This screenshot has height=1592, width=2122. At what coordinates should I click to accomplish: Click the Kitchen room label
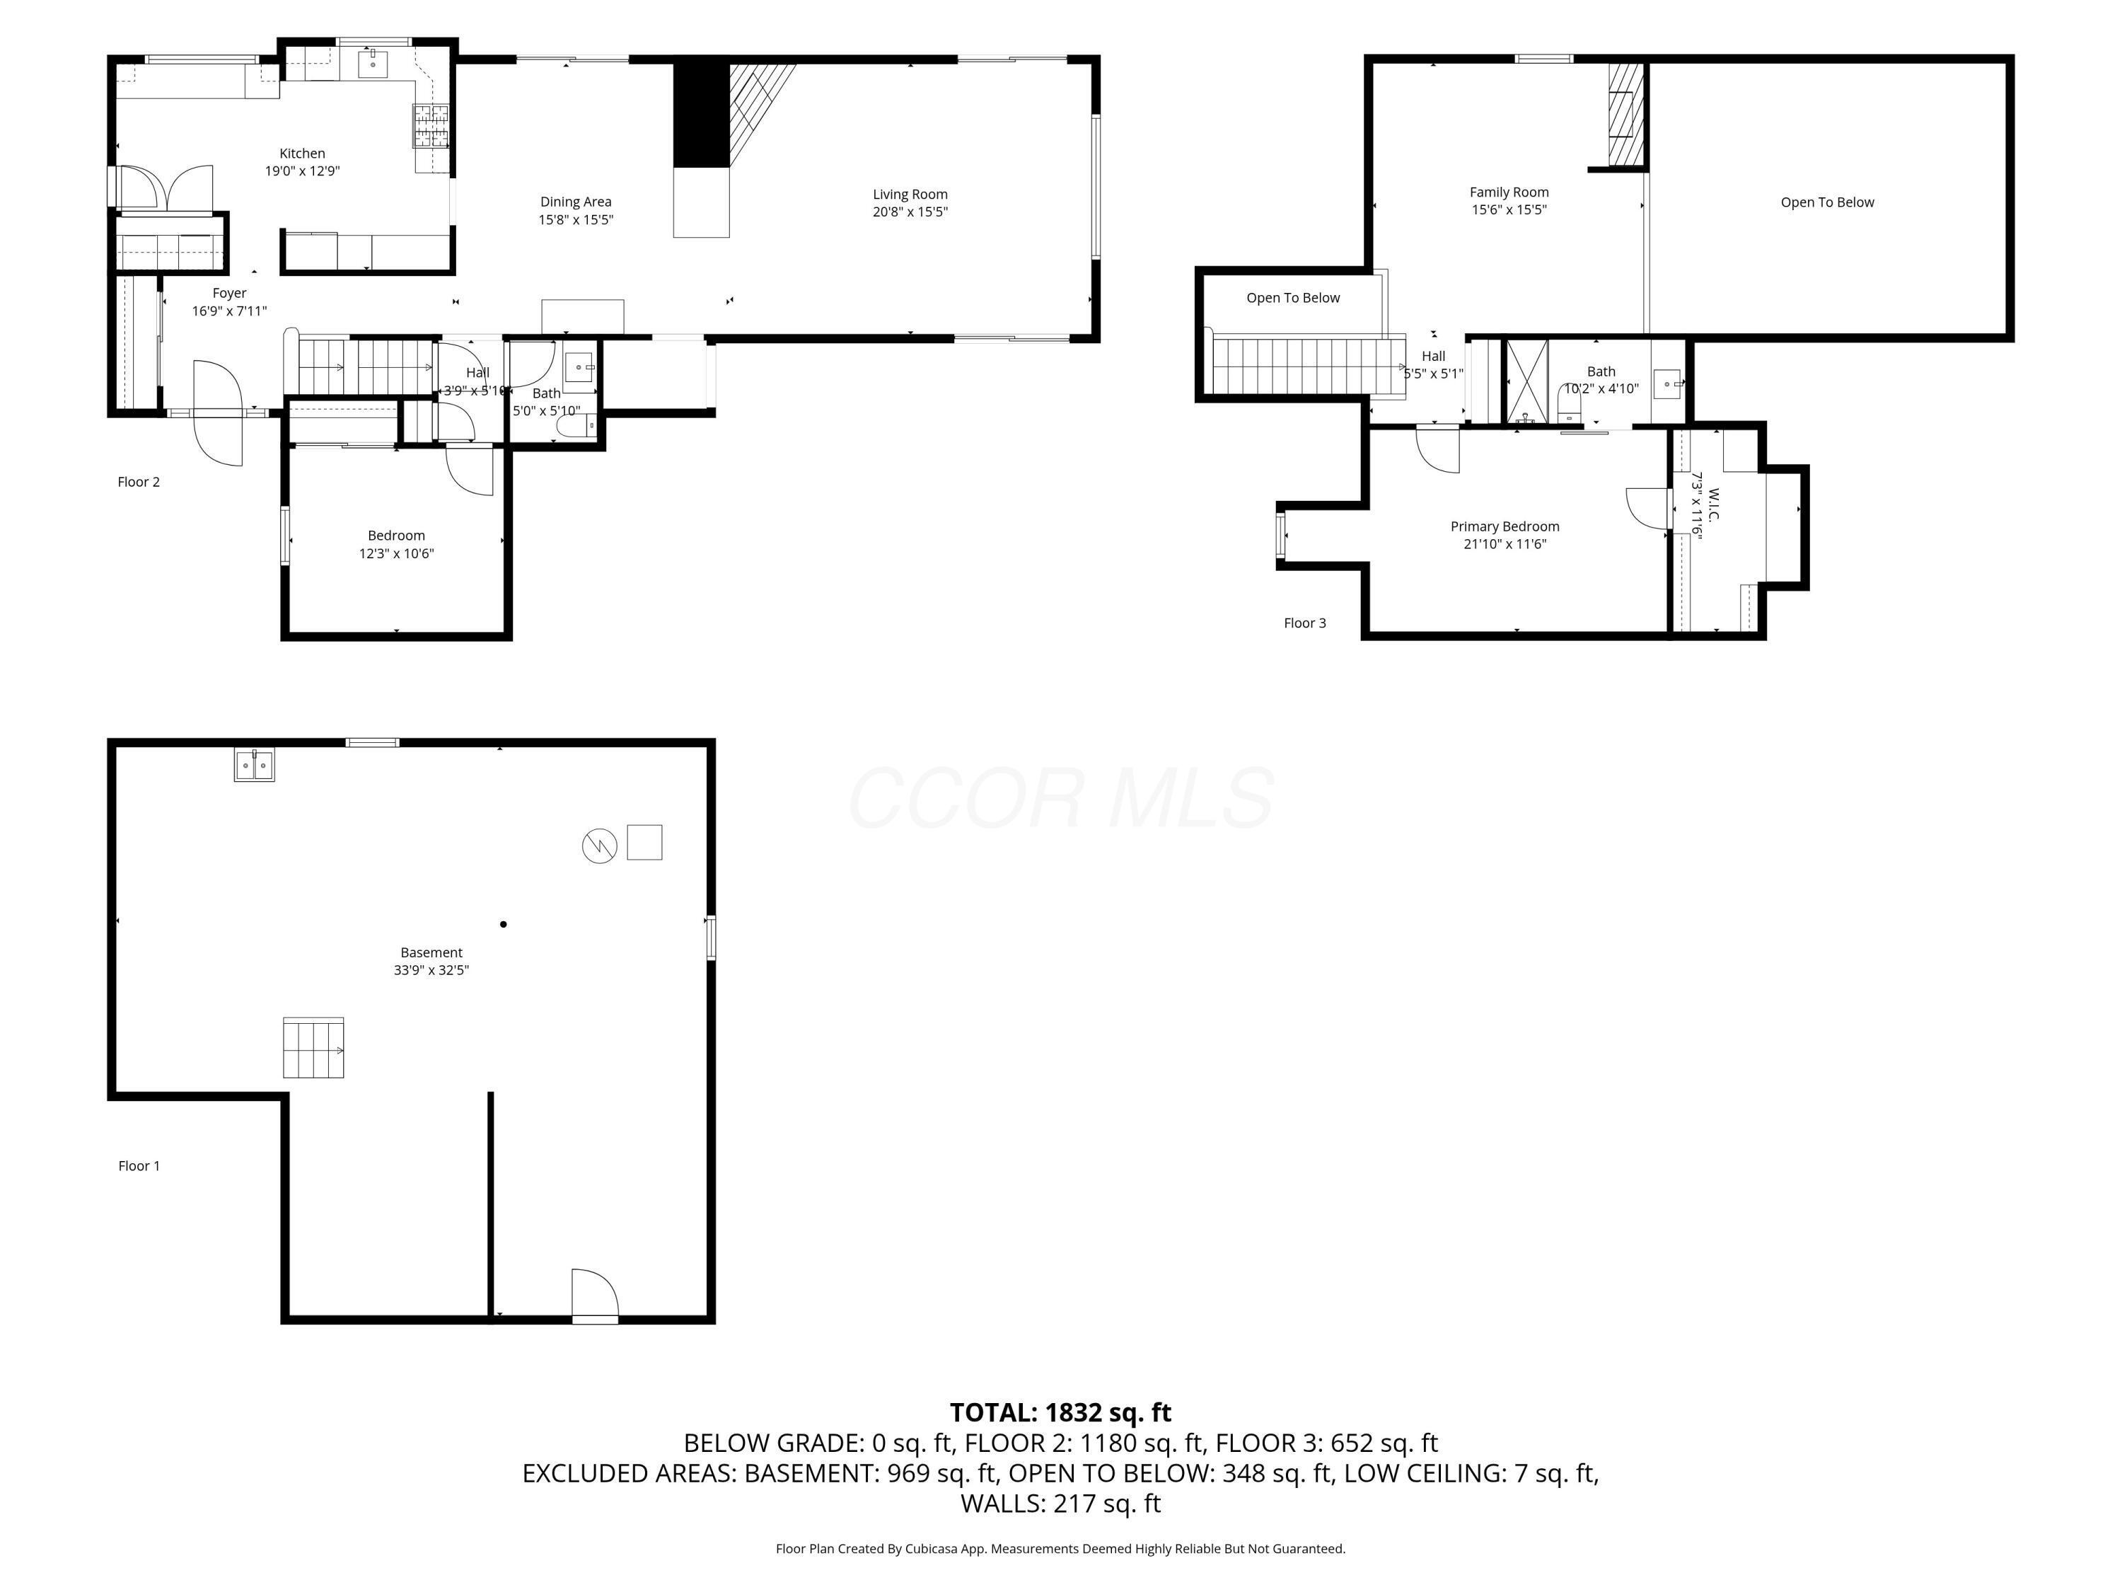click(302, 154)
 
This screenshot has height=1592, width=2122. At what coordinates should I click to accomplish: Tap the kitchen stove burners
click(431, 126)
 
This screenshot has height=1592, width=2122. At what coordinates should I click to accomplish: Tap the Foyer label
click(229, 293)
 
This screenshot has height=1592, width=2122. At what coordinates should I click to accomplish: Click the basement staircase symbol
click(313, 1048)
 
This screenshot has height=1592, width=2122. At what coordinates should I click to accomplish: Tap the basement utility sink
click(254, 766)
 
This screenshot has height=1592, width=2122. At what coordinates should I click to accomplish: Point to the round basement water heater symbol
click(600, 846)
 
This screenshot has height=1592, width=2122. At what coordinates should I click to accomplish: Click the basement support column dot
click(504, 924)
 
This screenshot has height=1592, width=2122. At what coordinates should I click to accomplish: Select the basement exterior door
click(595, 1298)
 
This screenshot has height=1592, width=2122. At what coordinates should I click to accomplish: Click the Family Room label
click(1509, 192)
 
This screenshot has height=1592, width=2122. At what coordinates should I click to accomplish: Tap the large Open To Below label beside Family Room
click(1826, 202)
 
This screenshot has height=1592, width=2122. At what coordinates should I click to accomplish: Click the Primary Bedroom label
click(1504, 526)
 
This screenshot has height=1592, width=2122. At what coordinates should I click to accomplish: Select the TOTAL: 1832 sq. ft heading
click(1060, 1412)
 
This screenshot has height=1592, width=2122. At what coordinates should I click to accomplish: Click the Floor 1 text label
click(139, 1166)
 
